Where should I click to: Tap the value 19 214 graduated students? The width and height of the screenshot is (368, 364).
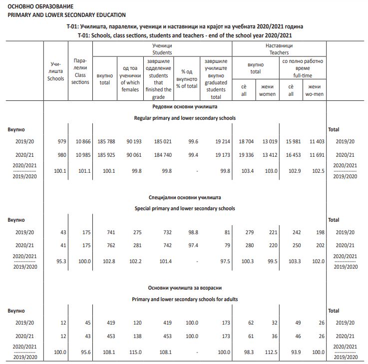coord(220,141)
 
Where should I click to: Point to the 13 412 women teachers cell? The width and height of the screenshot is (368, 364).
coord(268,155)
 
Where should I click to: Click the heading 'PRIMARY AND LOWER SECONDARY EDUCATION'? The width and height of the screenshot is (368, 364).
coord(66,15)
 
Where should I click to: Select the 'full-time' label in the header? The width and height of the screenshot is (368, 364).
coord(303,75)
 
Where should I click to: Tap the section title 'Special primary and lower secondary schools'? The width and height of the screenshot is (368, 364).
coord(185,208)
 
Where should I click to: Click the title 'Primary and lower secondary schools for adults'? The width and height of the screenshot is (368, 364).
coord(185,299)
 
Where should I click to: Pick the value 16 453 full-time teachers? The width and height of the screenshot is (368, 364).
coord(293,155)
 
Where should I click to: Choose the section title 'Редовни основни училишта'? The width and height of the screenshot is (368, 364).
coord(185,107)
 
